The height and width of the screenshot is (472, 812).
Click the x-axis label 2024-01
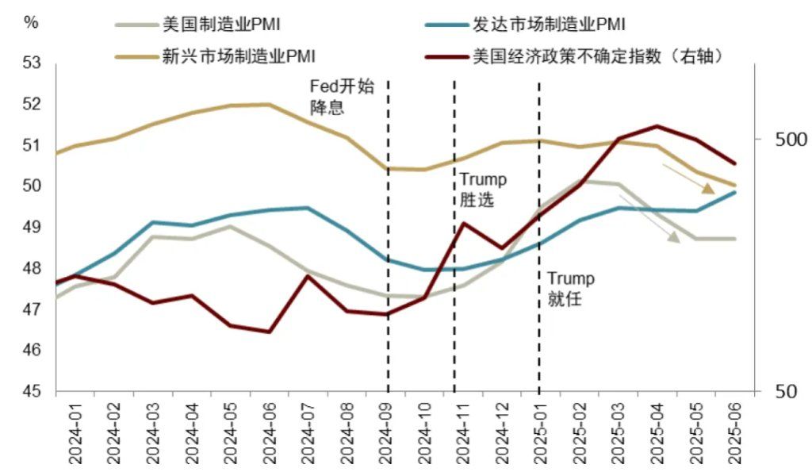(76, 433)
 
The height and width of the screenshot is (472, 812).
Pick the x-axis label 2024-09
(386, 433)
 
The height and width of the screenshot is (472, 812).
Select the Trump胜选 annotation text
(482, 190)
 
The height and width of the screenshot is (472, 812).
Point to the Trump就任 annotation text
(570, 290)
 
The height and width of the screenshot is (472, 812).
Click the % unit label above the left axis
(31, 22)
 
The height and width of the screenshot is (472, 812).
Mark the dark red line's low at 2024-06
(270, 332)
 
